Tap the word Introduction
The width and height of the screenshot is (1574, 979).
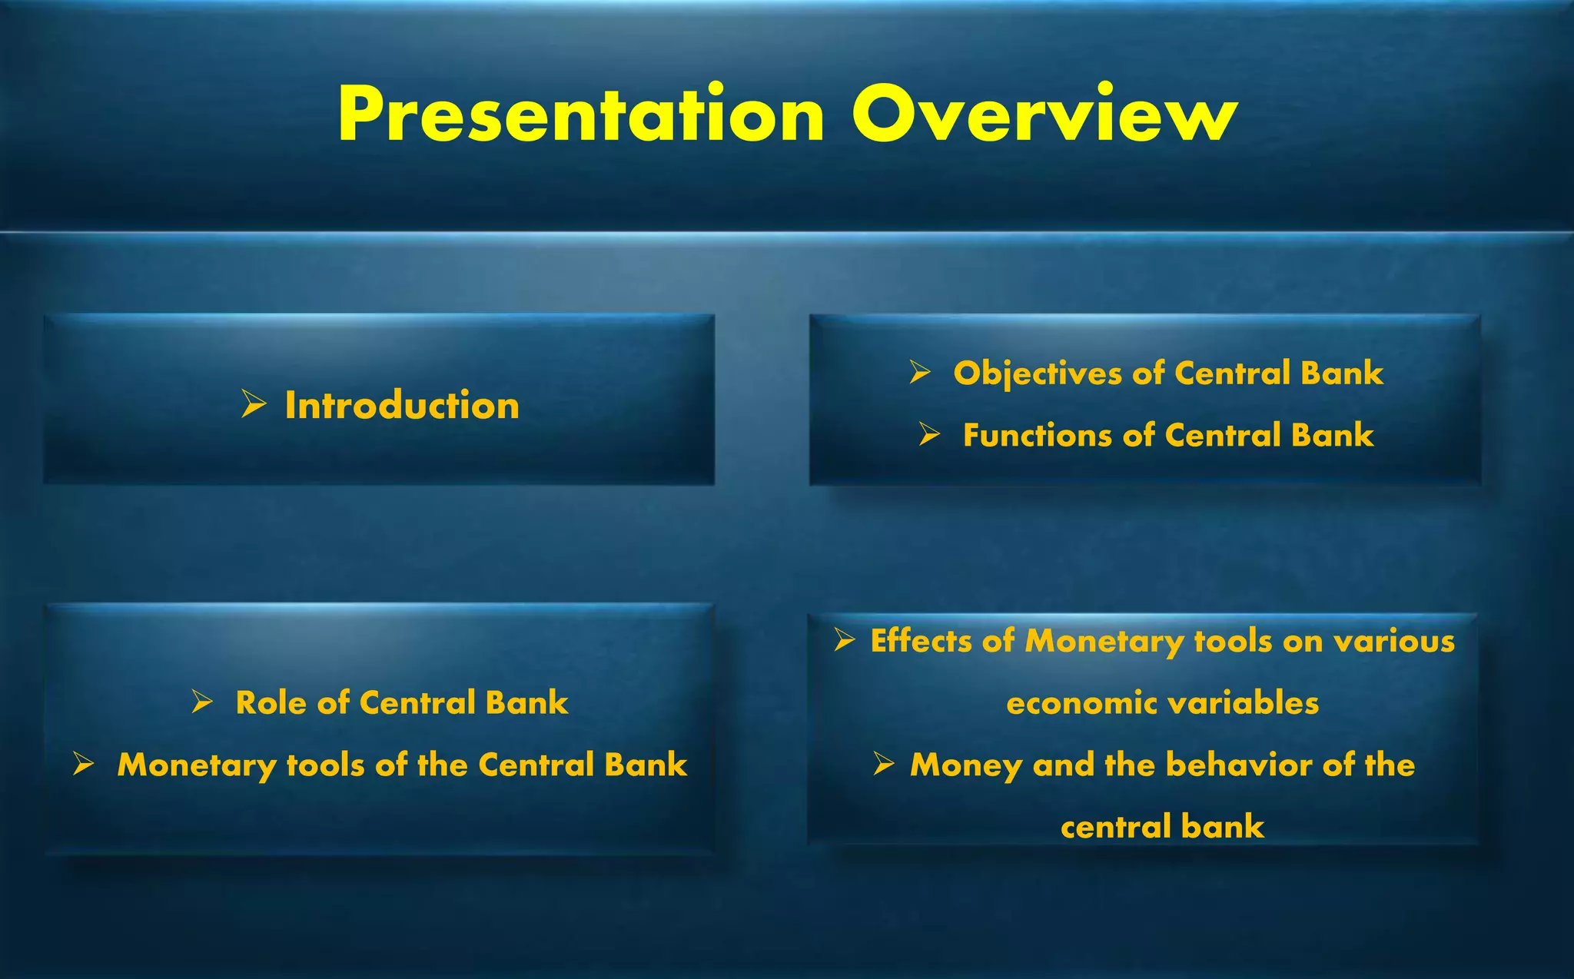(402, 405)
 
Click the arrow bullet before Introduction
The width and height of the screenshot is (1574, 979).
(254, 403)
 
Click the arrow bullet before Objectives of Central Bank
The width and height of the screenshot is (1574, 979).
(920, 373)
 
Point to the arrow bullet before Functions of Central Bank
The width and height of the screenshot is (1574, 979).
(929, 436)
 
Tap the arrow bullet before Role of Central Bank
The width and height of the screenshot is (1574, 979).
(202, 702)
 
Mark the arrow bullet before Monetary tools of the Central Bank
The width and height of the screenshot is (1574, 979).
(83, 764)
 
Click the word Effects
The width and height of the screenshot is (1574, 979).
(920, 641)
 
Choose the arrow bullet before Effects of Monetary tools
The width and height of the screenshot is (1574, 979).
(845, 639)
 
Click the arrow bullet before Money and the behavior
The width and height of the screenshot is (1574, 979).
(884, 764)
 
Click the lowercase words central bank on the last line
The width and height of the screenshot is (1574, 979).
(1162, 827)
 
